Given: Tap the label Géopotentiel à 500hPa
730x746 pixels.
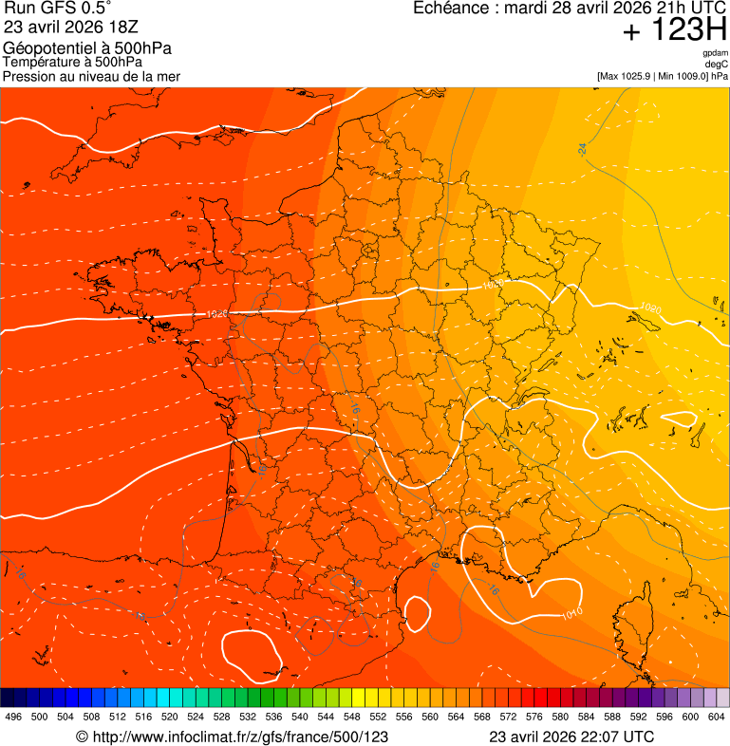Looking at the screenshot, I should tap(87, 48).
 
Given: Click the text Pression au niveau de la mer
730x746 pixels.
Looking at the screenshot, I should tap(91, 76).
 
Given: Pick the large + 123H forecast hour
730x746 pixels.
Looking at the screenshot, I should tap(674, 30).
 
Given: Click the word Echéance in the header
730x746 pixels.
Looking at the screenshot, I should tap(452, 9).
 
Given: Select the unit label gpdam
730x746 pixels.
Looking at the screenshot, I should tap(715, 53).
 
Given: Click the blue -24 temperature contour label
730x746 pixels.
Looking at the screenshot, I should tap(582, 149).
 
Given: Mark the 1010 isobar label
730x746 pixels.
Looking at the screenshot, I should tap(571, 614).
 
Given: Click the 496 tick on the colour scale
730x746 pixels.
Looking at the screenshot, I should tap(13, 717).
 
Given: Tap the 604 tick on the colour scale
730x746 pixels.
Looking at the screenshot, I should tap(717, 717).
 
